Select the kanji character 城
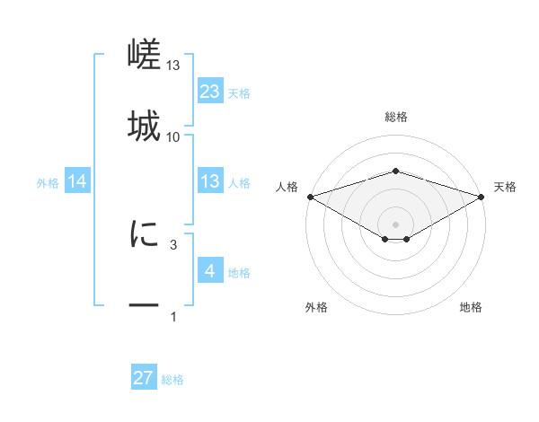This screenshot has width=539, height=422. point(144,127)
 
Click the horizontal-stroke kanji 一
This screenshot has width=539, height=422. point(144,306)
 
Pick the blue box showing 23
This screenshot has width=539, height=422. point(210,92)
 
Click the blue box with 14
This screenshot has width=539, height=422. point(77,182)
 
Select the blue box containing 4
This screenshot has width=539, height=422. point(210,271)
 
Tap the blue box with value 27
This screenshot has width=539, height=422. point(144,378)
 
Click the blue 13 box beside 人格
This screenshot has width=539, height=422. point(210,182)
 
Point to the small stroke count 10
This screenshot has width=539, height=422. point(173,137)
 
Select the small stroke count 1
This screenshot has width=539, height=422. point(173,317)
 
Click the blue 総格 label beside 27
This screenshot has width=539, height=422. point(173,380)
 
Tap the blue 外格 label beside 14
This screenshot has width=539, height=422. point(48,183)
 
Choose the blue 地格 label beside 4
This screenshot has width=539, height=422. point(240,273)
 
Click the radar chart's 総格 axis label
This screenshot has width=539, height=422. point(395,117)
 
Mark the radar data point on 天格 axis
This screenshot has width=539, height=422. point(482,196)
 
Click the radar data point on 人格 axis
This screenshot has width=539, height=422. point(310,196)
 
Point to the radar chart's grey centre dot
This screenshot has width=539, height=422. point(395,224)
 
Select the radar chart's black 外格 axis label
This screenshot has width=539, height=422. point(316,308)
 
